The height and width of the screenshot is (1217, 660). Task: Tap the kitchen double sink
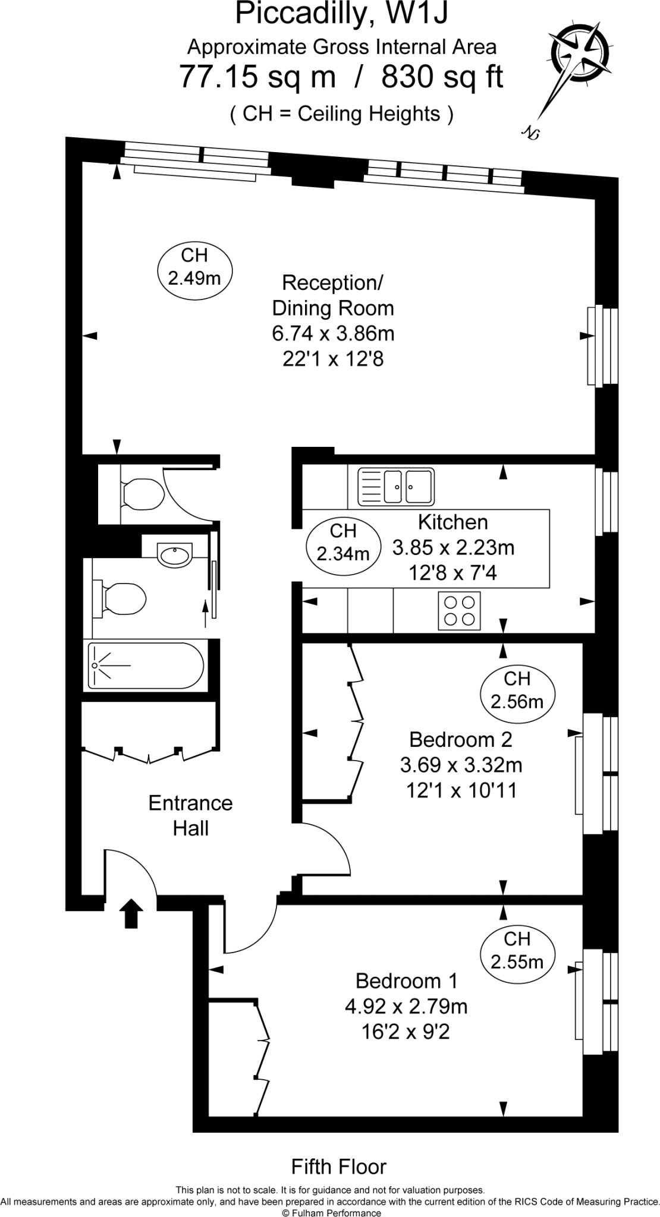tap(396, 486)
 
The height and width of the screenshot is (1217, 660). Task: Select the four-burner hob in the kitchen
tap(460, 611)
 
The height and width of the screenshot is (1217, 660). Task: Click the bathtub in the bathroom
tap(146, 666)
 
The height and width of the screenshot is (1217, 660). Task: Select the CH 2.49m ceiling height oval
tap(194, 266)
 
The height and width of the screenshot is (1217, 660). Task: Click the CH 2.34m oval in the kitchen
tap(343, 544)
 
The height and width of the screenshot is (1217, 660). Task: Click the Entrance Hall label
tap(190, 815)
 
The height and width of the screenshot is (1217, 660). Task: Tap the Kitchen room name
tap(453, 522)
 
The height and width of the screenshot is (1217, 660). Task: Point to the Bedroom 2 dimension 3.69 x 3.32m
tap(461, 765)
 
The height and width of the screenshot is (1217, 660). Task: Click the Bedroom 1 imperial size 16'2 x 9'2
tap(406, 1032)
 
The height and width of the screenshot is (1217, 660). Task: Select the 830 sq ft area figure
tap(442, 77)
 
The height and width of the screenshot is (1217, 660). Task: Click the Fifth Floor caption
tap(339, 1166)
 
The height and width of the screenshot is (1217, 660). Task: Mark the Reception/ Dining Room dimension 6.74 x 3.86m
tap(334, 333)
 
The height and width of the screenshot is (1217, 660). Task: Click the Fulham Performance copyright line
tap(331, 1211)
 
